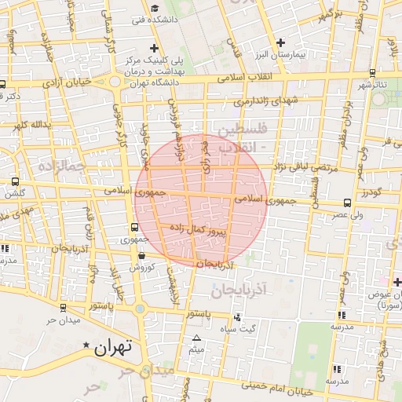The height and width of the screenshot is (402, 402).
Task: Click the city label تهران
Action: (111, 347)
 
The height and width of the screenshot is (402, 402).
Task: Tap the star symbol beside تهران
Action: (86, 345)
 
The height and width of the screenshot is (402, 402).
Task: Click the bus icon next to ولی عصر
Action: (348, 203)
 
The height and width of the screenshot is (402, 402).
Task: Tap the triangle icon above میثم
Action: (196, 338)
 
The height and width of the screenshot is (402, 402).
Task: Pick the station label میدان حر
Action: (64, 320)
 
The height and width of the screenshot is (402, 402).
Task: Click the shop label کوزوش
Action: (139, 266)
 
